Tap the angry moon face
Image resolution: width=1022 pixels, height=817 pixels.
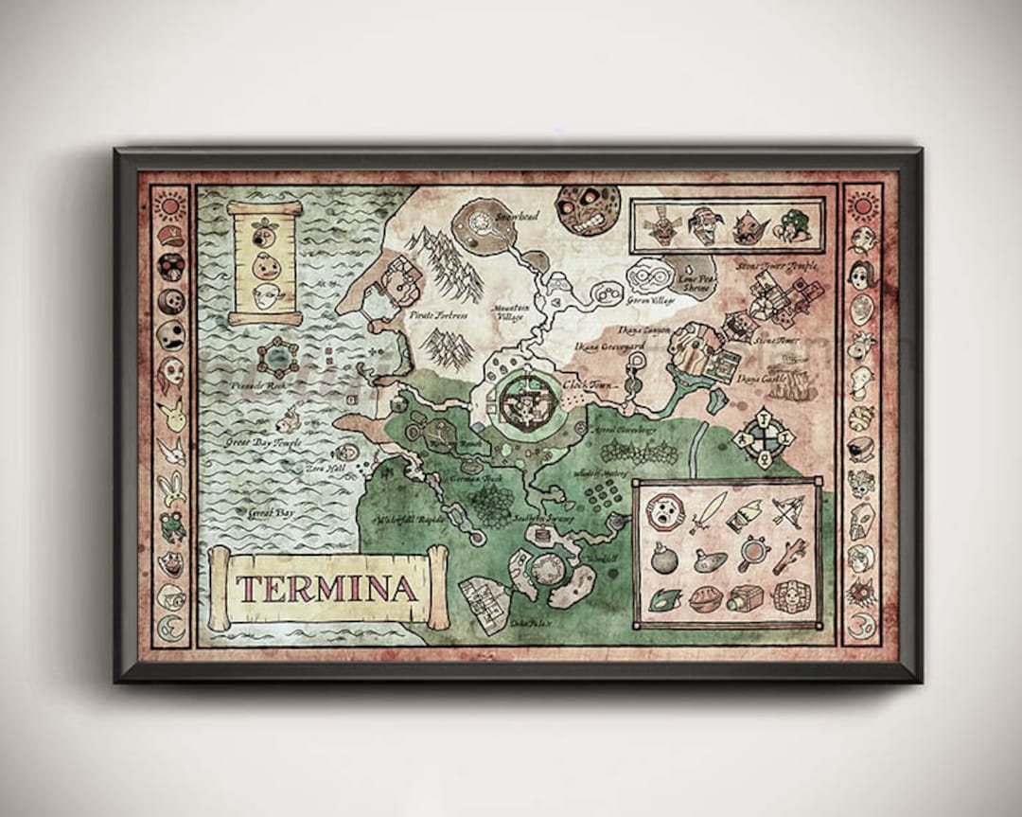pyautogui.click(x=588, y=209)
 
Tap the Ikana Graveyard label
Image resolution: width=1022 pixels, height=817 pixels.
pyautogui.click(x=610, y=347)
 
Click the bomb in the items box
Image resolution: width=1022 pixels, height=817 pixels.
pyautogui.click(x=664, y=559)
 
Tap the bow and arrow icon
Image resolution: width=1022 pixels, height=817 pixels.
pyautogui.click(x=787, y=511)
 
